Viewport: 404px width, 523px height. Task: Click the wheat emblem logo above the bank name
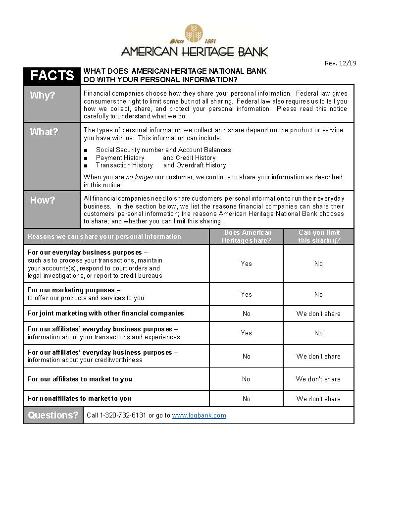195,34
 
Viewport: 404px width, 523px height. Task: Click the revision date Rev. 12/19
340,63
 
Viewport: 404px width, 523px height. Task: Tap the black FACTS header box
52,75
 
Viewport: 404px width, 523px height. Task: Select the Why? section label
43,96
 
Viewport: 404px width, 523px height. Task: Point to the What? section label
44,132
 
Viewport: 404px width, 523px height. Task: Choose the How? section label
43,200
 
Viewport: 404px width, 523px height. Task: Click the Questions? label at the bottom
53,415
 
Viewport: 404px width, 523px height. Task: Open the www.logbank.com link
199,416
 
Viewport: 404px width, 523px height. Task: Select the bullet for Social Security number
86,150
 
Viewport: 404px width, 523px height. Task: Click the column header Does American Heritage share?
247,236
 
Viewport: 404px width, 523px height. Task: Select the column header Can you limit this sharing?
319,236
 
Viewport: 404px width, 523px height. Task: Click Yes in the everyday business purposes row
247,263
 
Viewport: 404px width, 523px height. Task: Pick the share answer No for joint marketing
247,314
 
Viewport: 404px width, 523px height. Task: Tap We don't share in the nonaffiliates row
318,399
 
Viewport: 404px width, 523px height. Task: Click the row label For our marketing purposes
74,290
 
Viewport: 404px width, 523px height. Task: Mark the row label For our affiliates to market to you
80,379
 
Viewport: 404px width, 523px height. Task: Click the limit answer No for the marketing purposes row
318,294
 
